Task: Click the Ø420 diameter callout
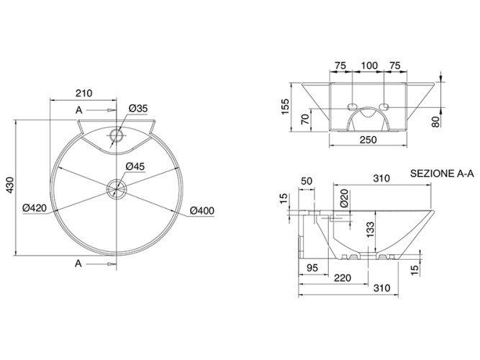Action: [35, 209]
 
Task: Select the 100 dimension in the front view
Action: [368, 66]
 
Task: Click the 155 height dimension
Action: [286, 107]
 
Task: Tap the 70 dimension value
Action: [304, 118]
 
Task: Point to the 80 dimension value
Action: [436, 120]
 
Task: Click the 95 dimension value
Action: [312, 269]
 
